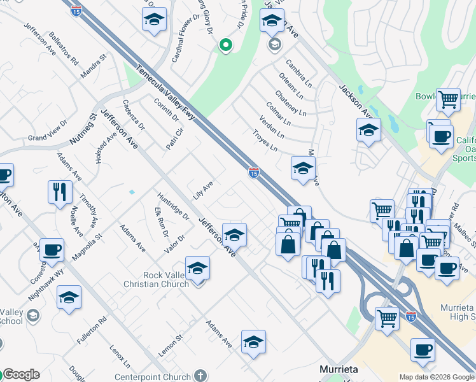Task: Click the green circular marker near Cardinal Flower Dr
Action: tap(225, 45)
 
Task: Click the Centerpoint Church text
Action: tap(152, 377)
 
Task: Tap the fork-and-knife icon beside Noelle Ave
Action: tap(60, 192)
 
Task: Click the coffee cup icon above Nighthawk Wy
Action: tap(52, 250)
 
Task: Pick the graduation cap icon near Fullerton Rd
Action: tap(69, 297)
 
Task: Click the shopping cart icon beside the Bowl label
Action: tap(449, 99)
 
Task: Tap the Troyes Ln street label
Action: tap(265, 141)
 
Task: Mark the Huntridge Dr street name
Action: tap(173, 206)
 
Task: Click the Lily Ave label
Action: tap(203, 189)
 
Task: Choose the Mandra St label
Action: tap(94, 67)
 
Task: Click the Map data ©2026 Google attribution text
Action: tap(437, 377)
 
